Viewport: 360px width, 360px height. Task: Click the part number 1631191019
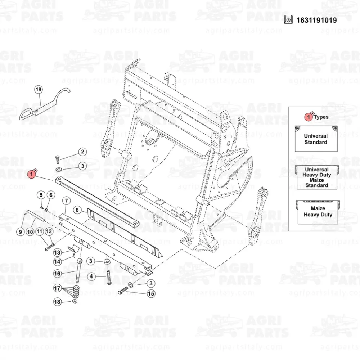pyautogui.click(x=316, y=20)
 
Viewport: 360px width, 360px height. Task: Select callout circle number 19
pyautogui.click(x=38, y=90)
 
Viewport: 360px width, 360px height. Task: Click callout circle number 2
pyautogui.click(x=82, y=152)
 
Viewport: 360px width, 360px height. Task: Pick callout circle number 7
pyautogui.click(x=66, y=200)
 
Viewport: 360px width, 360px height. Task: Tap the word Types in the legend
pyautogui.click(x=321, y=117)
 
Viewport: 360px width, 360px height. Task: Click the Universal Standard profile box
pyautogui.click(x=316, y=139)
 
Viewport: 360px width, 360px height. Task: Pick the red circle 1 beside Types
pyautogui.click(x=309, y=117)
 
